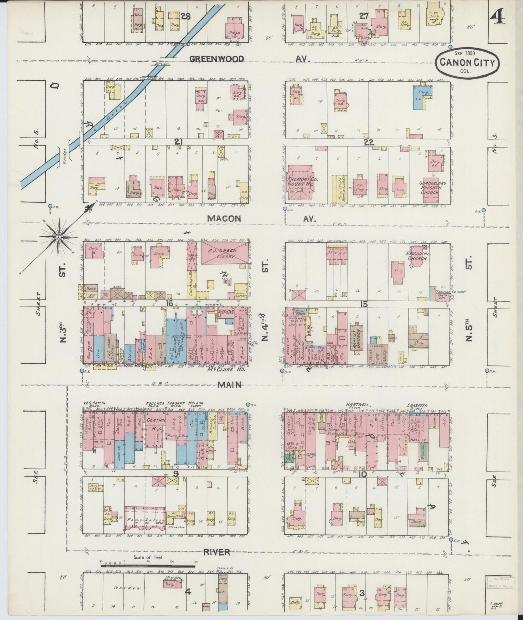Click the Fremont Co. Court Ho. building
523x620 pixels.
pos(300,183)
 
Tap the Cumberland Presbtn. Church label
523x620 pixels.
pos(433,188)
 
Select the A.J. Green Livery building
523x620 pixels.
pos(224,253)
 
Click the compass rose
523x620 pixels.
pos(58,237)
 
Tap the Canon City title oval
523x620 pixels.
pos(467,63)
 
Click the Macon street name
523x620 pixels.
pos(224,218)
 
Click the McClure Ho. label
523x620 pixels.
pos(226,370)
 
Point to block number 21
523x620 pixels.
pos(178,142)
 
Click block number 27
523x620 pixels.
pos(363,16)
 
